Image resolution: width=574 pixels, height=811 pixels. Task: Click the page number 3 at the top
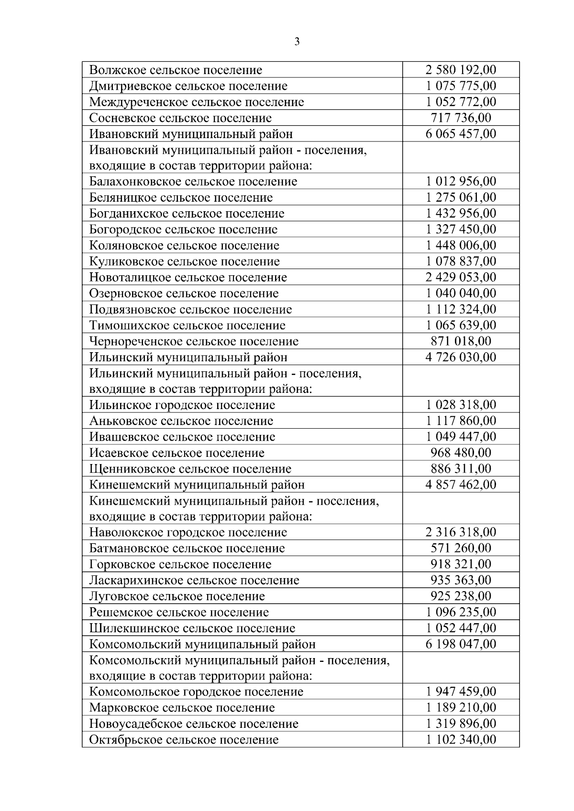click(297, 42)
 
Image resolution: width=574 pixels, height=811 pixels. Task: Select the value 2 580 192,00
click(461, 70)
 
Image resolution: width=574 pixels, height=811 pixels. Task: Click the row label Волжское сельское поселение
click(176, 70)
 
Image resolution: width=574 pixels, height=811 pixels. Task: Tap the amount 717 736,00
click(461, 118)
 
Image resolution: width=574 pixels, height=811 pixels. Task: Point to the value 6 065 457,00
click(461, 134)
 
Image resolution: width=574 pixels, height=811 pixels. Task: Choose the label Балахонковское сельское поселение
click(193, 182)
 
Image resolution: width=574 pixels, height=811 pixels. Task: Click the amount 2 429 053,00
click(461, 277)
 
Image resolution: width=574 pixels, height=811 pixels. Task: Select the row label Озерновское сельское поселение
click(184, 293)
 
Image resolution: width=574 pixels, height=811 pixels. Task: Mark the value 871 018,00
click(461, 341)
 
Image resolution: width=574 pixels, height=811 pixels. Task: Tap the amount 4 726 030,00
click(461, 357)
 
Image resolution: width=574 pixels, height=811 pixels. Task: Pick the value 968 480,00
click(461, 453)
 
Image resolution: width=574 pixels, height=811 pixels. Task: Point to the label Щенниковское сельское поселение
click(190, 469)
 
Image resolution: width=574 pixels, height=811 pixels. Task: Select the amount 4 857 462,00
click(461, 485)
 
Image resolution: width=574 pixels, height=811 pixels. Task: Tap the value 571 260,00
click(461, 548)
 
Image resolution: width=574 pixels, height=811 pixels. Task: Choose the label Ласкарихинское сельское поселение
click(194, 581)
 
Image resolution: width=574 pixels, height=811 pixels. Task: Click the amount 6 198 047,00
click(461, 644)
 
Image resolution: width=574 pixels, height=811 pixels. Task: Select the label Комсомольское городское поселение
click(196, 692)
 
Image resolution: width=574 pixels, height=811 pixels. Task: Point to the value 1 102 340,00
click(461, 740)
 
